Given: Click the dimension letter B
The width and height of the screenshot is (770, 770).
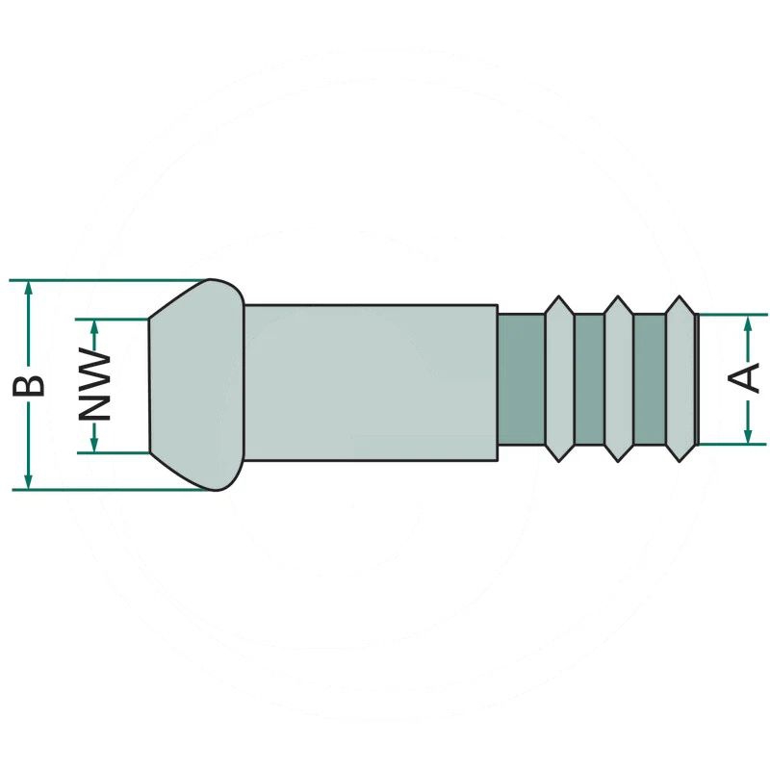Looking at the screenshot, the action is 29,386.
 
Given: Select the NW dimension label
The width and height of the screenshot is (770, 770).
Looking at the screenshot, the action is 94,385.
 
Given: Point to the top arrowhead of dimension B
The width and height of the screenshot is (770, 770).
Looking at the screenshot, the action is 29,288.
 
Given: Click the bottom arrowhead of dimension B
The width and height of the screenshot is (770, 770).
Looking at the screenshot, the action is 29,482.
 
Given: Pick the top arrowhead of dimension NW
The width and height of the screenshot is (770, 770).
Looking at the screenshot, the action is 94,327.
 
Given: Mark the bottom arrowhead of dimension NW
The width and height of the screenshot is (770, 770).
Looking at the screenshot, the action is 94,445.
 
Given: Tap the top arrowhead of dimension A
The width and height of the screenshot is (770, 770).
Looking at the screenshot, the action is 748,322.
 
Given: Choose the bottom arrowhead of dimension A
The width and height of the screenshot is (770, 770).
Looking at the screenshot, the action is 748,436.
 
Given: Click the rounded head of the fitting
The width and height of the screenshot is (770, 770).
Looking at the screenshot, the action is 196,385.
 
